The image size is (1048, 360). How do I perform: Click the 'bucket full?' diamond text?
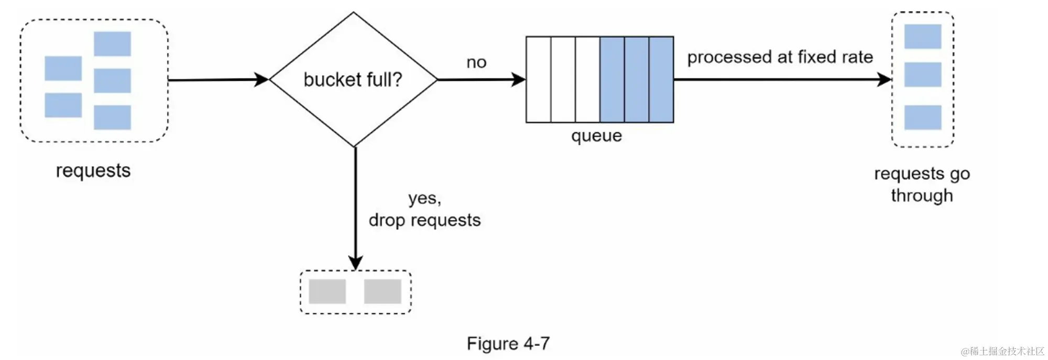pos(353,80)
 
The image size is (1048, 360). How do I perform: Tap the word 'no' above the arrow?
pos(476,62)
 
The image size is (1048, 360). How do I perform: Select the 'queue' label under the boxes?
pos(596,136)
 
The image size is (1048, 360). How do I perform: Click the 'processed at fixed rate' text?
pos(780,57)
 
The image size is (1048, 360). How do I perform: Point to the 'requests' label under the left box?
pos(93,171)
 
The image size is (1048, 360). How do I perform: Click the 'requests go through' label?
pos(922,184)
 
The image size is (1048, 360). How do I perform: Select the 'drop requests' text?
pos(424,220)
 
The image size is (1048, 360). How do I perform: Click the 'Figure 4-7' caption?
pos(508,344)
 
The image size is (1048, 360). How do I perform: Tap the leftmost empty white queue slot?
pos(538,80)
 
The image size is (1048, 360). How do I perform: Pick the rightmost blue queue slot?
pos(661,80)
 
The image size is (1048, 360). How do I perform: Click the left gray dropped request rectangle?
pos(327,291)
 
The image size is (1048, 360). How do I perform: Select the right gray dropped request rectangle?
pos(383,291)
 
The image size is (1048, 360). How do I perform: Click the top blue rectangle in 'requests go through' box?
pos(922,37)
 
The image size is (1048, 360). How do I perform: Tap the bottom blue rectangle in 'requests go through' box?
pos(922,117)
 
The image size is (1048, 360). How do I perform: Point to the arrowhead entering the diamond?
pos(261,80)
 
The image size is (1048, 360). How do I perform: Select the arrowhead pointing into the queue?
pos(519,80)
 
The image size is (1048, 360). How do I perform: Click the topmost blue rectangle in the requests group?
pos(112,43)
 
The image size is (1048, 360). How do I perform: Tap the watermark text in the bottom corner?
pos(1002,351)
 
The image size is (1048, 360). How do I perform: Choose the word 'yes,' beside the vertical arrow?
pos(424,199)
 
